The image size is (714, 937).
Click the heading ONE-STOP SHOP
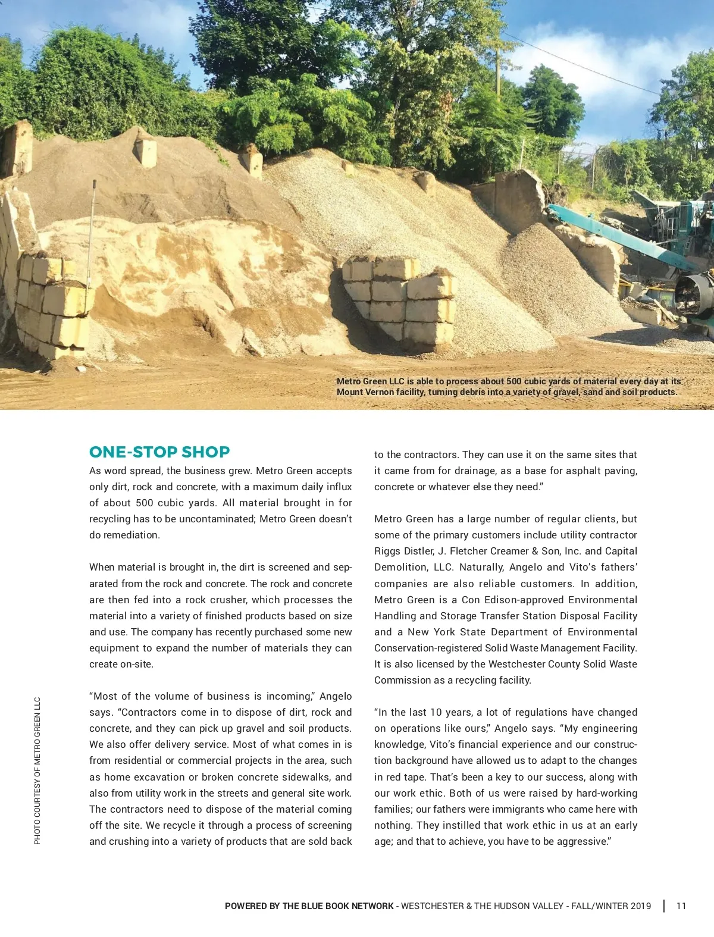coord(159,452)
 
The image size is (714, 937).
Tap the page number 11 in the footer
coord(681,906)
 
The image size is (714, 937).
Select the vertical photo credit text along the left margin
coord(37,770)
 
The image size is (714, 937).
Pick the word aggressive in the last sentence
coord(581,841)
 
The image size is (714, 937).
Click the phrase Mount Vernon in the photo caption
coord(365,392)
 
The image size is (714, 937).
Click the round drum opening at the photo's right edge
coord(694,294)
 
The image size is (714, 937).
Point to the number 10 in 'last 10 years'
coord(436,712)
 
